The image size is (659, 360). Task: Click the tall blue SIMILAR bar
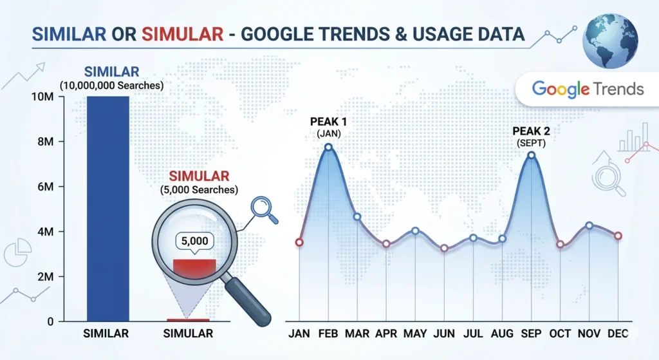pos(107,206)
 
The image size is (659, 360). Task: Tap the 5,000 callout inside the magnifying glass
pos(194,241)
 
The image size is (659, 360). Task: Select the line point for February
pos(328,147)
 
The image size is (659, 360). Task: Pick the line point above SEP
pos(531,155)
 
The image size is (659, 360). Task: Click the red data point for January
pos(299,243)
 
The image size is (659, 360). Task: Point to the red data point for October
pos(561,244)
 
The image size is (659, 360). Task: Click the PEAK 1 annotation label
pos(328,122)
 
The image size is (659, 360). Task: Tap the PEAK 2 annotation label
pos(531,131)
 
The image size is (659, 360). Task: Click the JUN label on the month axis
pos(444,334)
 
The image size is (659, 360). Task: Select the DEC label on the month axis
pos(618,334)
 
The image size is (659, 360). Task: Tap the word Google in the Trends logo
pos(561,89)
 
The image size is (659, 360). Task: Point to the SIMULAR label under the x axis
pos(188,334)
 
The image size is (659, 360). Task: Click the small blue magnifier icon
pos(263,208)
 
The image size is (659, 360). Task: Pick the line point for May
pos(415,231)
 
